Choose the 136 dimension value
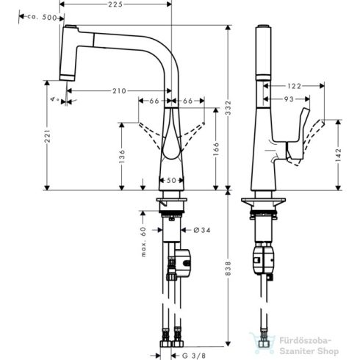pyautogui.click(x=120, y=155)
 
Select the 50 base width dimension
pyautogui.click(x=171, y=180)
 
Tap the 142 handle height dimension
pyautogui.click(x=335, y=154)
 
